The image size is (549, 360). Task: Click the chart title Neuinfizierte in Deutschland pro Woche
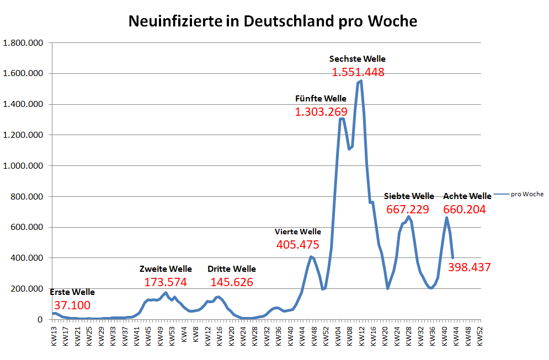pos(273,21)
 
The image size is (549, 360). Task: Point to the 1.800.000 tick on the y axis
pos(23,43)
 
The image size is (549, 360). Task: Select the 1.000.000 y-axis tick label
pos(23,166)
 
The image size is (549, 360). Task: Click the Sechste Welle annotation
pos(357,58)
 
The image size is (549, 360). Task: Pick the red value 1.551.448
pos(358,72)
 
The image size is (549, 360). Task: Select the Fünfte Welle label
pos(321,99)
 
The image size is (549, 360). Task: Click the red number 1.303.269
pos(321,112)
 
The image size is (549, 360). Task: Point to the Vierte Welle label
pos(297,232)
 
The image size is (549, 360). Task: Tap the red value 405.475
pos(297,245)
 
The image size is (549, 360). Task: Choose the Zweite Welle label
pos(166,269)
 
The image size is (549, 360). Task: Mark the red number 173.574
pos(166,282)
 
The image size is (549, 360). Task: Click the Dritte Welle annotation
pos(232,269)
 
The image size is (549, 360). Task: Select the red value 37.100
pos(72,305)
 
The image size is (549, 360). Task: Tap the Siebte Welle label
pos(409,196)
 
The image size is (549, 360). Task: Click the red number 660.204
pos(464,209)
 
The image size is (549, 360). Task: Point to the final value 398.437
pos(469,267)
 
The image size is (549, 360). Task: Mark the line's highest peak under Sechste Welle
pos(360,82)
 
